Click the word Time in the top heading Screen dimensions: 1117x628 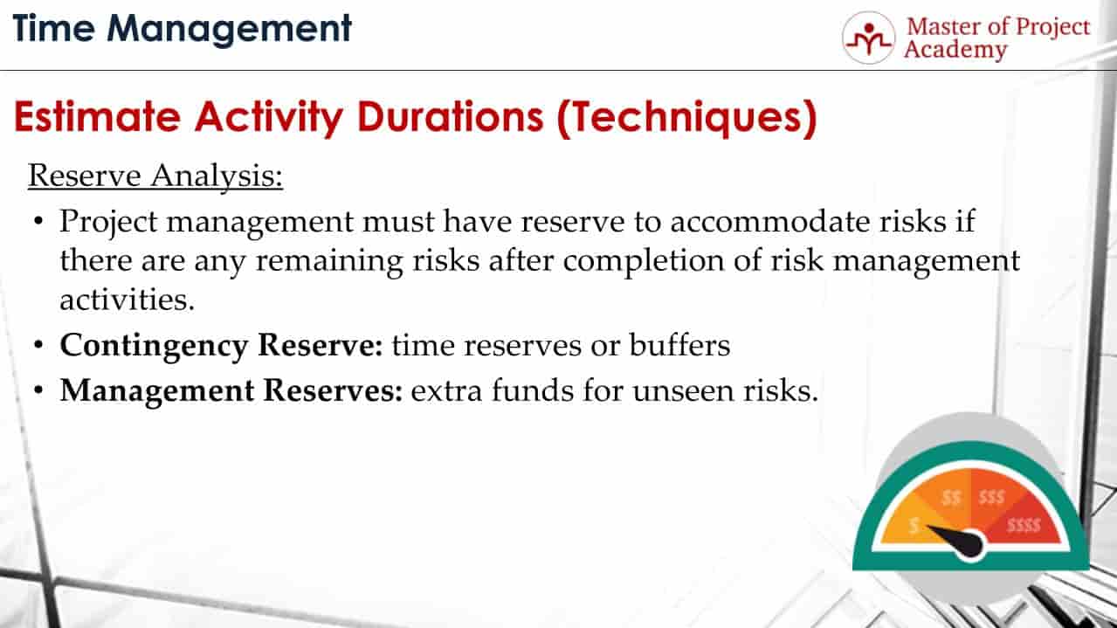click(x=54, y=29)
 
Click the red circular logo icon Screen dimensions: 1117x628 click(x=869, y=38)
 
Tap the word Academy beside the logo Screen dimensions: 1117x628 click(x=955, y=51)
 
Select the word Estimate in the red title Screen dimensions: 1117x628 click(x=97, y=117)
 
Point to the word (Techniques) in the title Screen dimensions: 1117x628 click(x=686, y=118)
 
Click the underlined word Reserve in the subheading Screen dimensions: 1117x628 click(x=84, y=176)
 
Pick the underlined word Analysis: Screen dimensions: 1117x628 click(x=217, y=176)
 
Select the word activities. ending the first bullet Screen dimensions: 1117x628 click(x=128, y=300)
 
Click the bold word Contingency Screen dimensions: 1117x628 click(x=154, y=346)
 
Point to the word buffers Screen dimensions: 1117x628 click(x=679, y=344)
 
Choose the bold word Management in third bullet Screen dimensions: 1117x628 click(x=157, y=391)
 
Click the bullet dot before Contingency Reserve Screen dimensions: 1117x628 click(x=38, y=345)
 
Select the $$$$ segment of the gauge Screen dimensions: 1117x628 click(x=1024, y=525)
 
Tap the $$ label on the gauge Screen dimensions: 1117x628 click(x=951, y=497)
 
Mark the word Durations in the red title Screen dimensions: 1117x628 click(x=451, y=117)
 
